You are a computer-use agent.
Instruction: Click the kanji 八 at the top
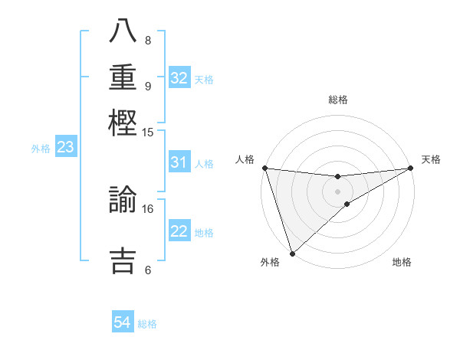[x=123, y=33]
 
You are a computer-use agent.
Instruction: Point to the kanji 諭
[x=123, y=201]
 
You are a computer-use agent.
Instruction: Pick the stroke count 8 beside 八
[x=147, y=40]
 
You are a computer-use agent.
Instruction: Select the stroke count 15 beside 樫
[x=148, y=132]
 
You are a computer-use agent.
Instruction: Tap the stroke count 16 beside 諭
[x=148, y=208]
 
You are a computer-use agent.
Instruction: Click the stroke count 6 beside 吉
[x=147, y=270]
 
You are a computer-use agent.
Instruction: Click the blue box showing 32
[x=179, y=78]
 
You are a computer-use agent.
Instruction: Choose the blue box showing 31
[x=179, y=162]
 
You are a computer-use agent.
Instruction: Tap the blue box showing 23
[x=65, y=147]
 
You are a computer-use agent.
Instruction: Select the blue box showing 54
[x=123, y=323]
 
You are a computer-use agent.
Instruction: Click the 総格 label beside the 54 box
[x=148, y=324]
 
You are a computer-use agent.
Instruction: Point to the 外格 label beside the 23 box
[x=41, y=148]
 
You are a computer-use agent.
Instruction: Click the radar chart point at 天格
[x=411, y=169]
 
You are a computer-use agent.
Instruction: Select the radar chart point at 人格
[x=264, y=169]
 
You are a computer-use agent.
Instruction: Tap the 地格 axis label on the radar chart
[x=402, y=263]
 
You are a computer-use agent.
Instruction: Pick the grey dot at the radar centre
[x=337, y=191]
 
